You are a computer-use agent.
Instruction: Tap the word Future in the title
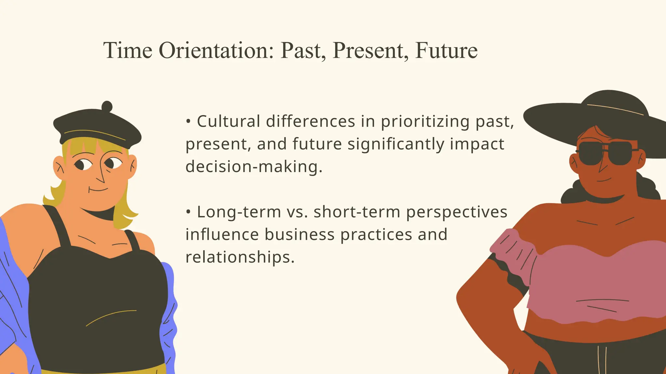446,51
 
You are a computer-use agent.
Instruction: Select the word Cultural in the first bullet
228,121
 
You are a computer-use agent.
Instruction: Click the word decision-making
254,167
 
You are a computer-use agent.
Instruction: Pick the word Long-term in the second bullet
239,212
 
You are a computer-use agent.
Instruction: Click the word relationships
240,257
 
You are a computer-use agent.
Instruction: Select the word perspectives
457,212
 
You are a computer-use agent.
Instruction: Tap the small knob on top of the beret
107,106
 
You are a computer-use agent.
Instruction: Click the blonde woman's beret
98,127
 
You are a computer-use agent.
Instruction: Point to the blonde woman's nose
101,177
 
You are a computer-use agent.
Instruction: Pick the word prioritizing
425,121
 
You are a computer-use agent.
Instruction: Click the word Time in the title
128,51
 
